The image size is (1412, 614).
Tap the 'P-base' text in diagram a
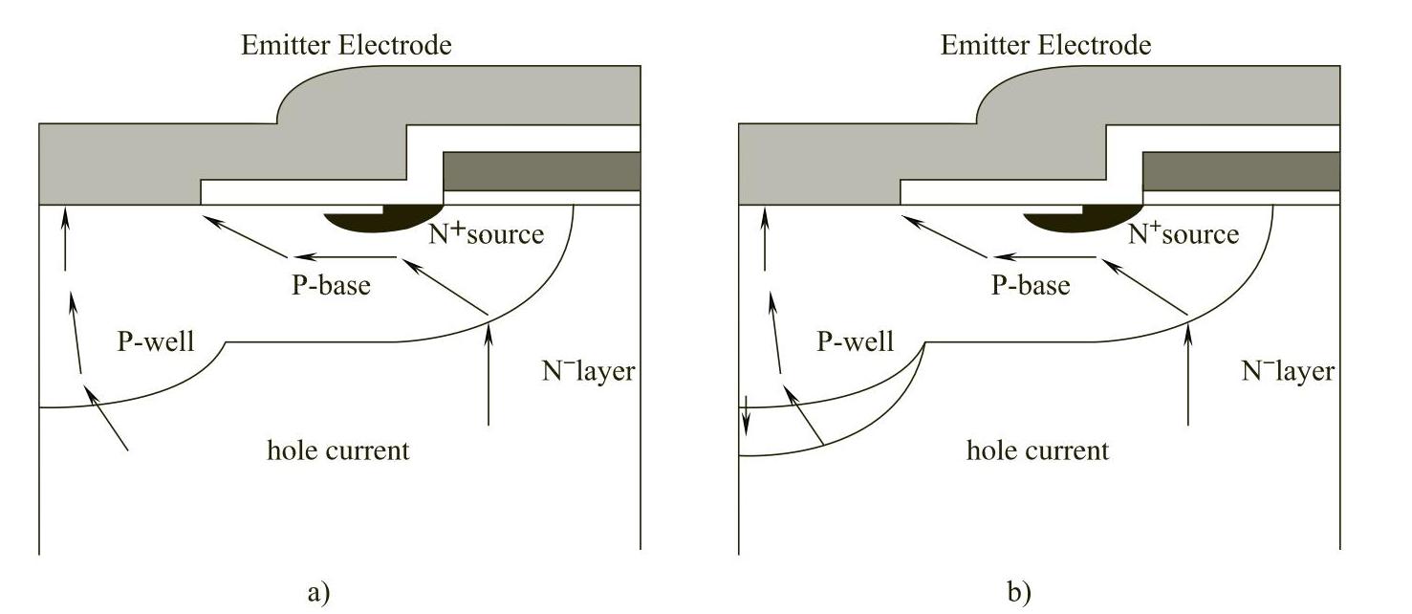point(331,285)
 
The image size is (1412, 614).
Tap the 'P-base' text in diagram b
point(1031,285)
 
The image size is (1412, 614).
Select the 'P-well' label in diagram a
point(156,341)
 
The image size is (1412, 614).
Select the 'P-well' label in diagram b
point(856,341)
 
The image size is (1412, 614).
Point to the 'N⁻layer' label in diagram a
point(588,371)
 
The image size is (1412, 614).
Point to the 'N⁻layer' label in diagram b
point(1287,371)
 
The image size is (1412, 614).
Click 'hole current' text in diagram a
point(337,450)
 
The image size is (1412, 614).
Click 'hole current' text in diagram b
point(1037,450)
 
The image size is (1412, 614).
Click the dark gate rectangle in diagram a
point(542,171)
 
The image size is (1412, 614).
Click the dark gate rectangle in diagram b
point(1241,171)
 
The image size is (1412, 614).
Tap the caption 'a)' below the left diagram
point(318,591)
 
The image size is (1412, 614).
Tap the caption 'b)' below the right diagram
point(1019,591)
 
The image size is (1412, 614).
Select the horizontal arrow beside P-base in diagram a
point(344,257)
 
